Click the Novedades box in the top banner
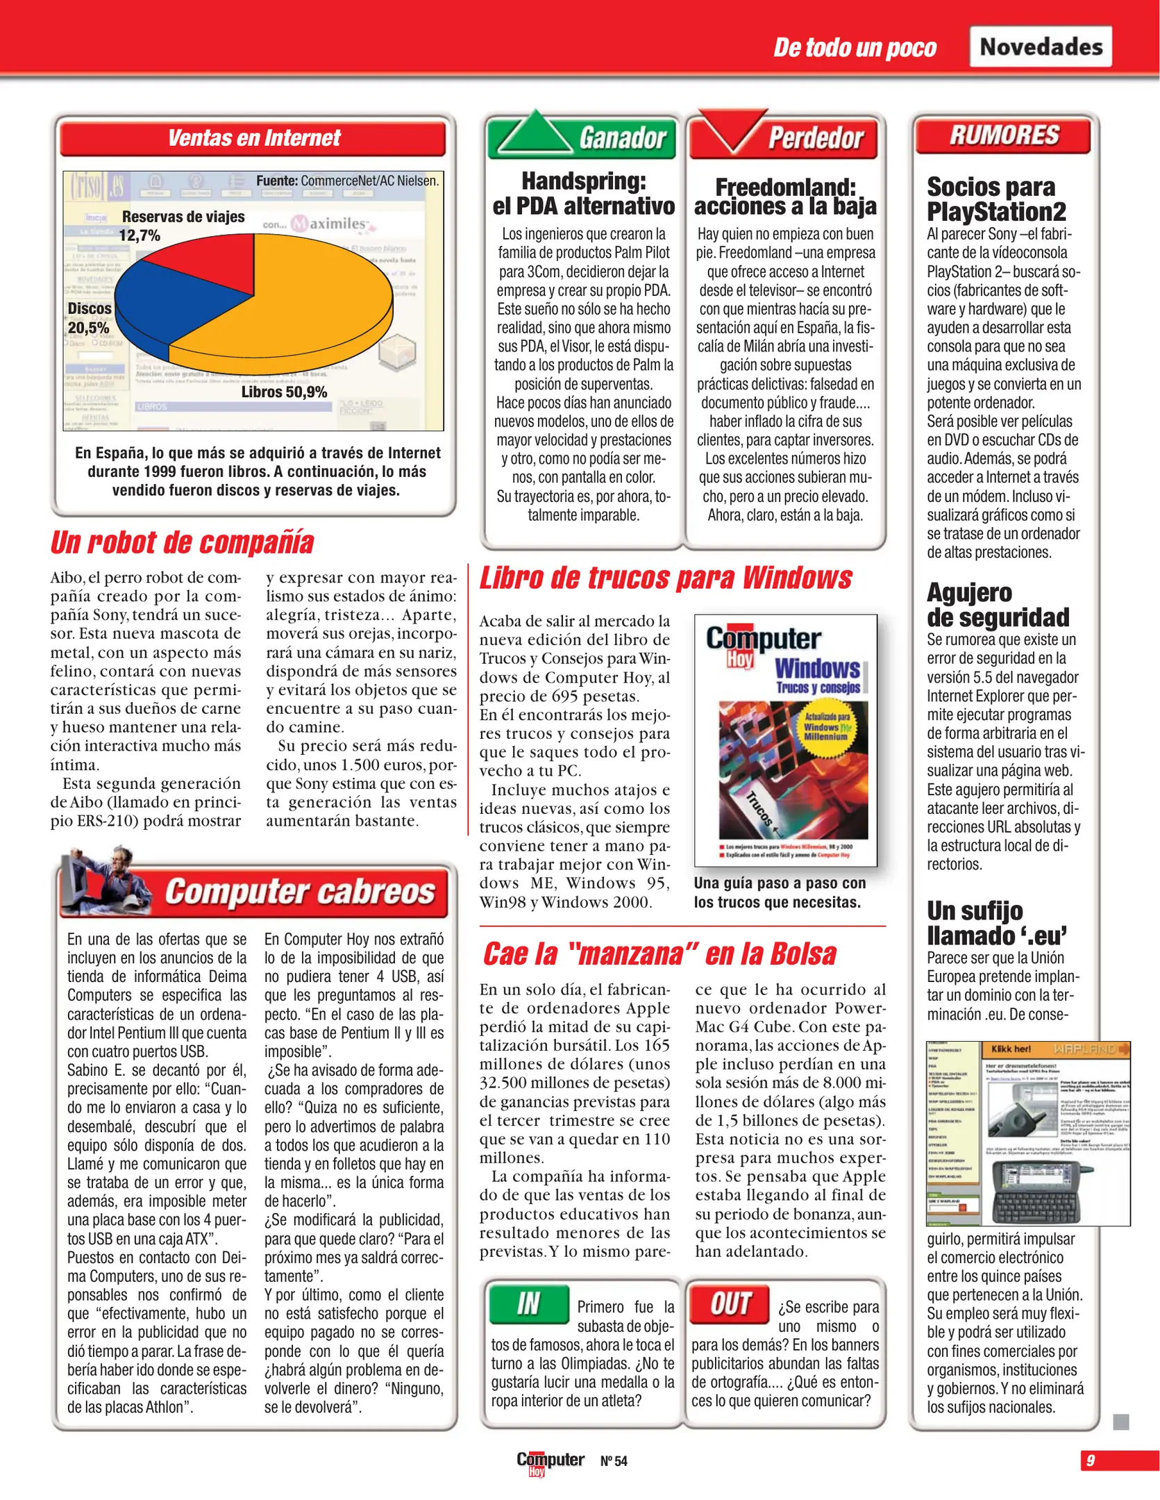pyautogui.click(x=1040, y=47)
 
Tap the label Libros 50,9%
pyautogui.click(x=284, y=392)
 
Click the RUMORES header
pyautogui.click(x=1003, y=135)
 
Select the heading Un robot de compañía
pyautogui.click(x=182, y=542)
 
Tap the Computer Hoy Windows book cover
pyautogui.click(x=786, y=740)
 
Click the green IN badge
pyautogui.click(x=528, y=1304)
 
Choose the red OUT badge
pyautogui.click(x=730, y=1304)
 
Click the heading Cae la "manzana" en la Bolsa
pyautogui.click(x=660, y=953)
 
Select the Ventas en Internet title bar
pyautogui.click(x=253, y=137)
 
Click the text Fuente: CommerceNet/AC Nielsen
pyautogui.click(x=347, y=181)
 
